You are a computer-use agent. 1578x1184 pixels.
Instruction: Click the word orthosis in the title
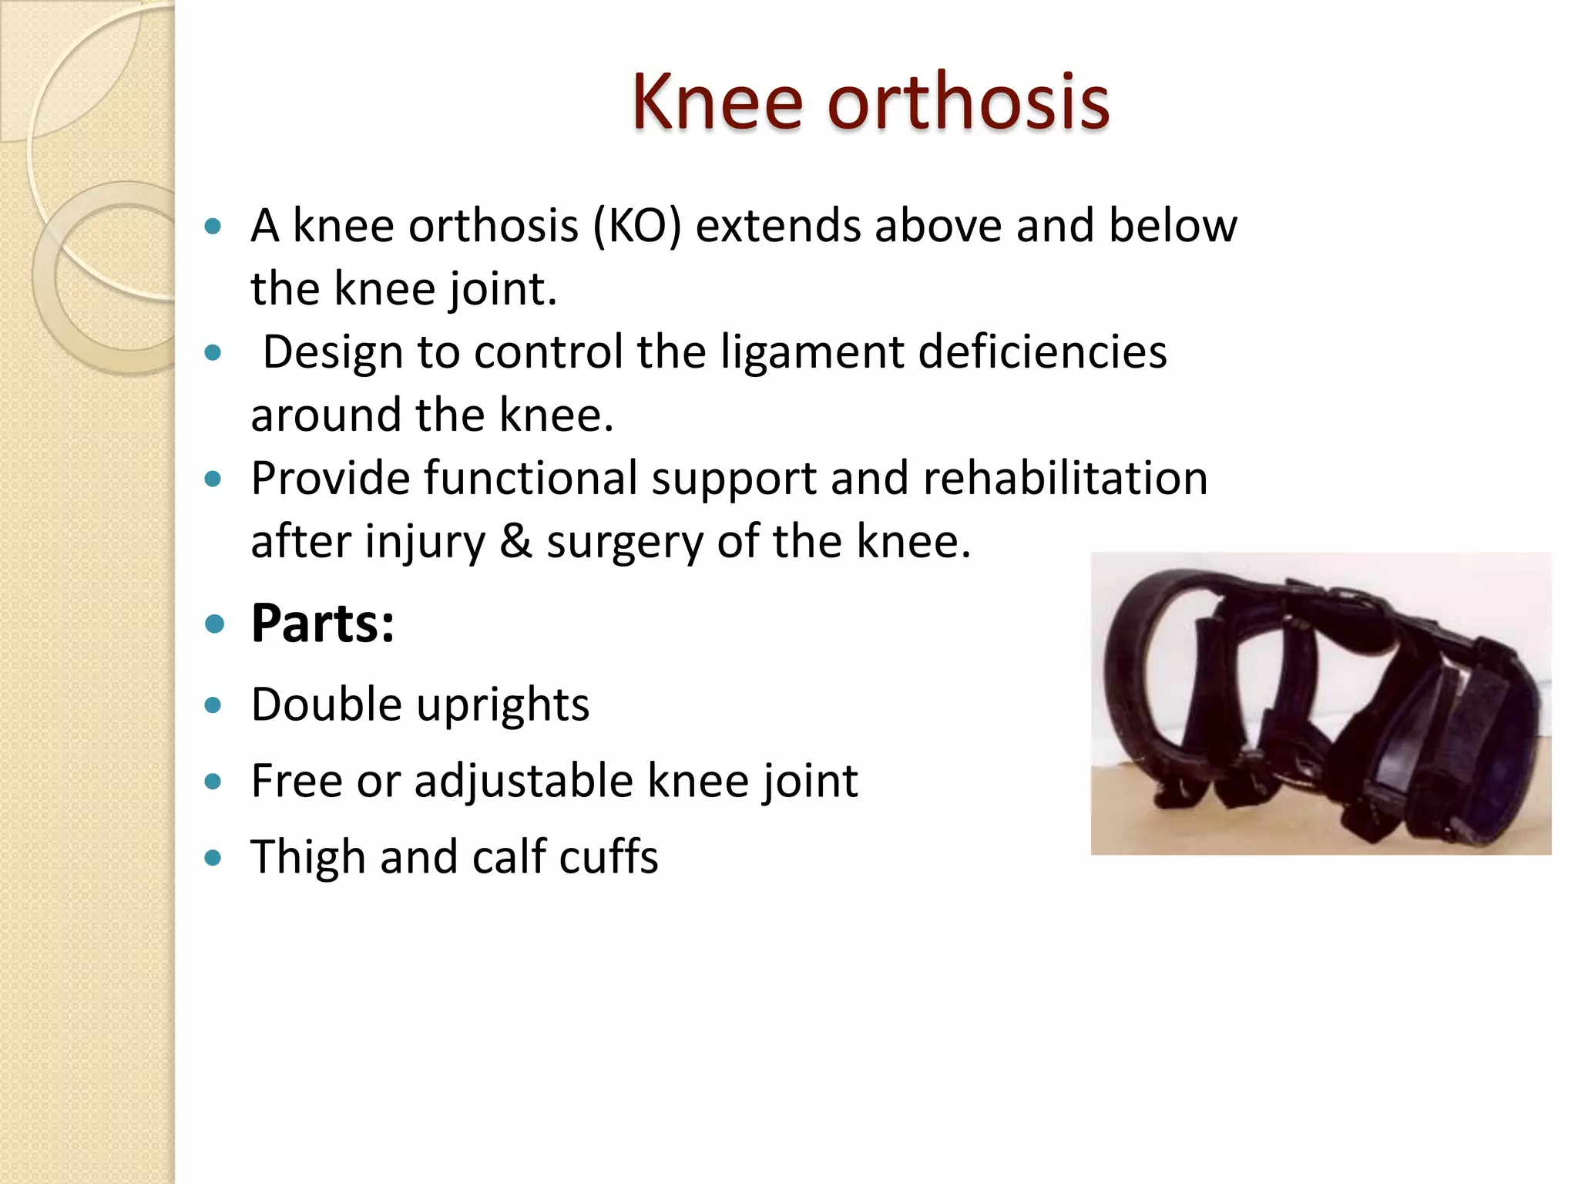pyautogui.click(x=969, y=102)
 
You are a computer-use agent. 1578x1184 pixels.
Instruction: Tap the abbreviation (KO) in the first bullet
pyautogui.click(x=637, y=227)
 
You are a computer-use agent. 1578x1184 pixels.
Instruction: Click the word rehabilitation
pyautogui.click(x=1065, y=479)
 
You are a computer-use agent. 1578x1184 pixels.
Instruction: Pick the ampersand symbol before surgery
pyautogui.click(x=515, y=542)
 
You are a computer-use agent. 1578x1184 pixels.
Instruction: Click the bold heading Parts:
pyautogui.click(x=323, y=623)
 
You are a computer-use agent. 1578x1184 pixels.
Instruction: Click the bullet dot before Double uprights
pyautogui.click(x=213, y=705)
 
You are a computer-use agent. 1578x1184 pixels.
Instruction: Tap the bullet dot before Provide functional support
pyautogui.click(x=213, y=479)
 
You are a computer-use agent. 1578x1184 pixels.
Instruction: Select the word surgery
pyautogui.click(x=625, y=542)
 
